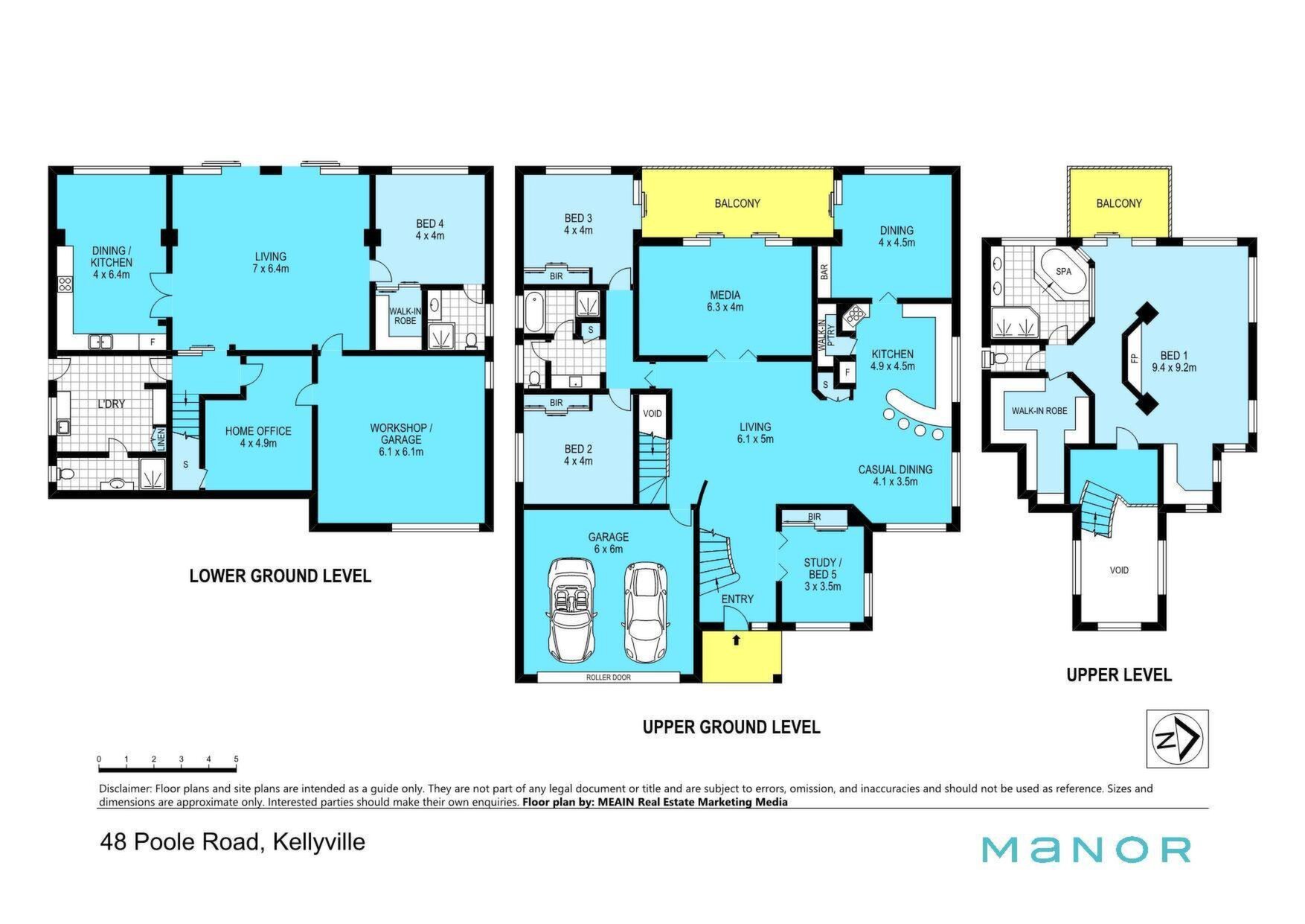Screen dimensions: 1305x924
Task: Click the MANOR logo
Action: click(x=1086, y=850)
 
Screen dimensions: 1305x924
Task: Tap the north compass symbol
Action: click(x=1177, y=739)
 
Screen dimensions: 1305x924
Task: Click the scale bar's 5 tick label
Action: click(x=236, y=759)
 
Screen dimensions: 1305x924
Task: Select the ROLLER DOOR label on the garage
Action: click(x=608, y=678)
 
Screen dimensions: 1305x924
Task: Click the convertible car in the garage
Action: click(x=571, y=610)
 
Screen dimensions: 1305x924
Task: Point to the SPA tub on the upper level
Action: click(x=1063, y=271)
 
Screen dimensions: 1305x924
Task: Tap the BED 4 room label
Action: click(x=430, y=229)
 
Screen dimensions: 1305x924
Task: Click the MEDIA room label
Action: click(x=726, y=301)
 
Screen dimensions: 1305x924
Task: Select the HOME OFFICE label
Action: click(x=258, y=437)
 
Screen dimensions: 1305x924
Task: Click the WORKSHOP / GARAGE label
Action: click(x=401, y=439)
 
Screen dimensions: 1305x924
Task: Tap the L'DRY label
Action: click(x=112, y=404)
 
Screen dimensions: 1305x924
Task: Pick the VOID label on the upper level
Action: click(x=1119, y=570)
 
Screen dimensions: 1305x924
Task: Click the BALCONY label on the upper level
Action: click(x=1119, y=203)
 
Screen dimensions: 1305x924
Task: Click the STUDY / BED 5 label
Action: click(x=823, y=574)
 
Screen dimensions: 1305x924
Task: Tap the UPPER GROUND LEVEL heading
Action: click(x=731, y=727)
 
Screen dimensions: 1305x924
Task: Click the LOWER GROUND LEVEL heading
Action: click(x=280, y=576)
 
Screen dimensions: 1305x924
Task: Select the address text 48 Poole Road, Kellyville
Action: click(x=233, y=842)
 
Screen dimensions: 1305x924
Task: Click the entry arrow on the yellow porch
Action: click(x=737, y=639)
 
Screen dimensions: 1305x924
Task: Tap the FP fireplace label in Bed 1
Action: click(x=1135, y=358)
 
